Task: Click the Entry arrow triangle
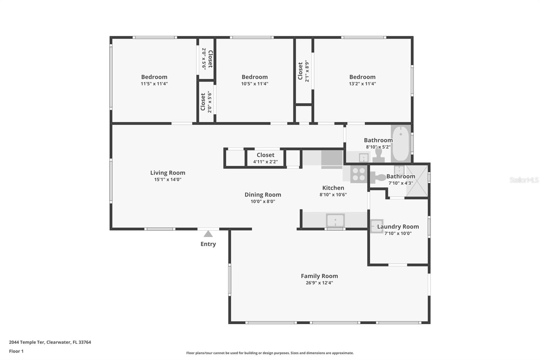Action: click(x=208, y=234)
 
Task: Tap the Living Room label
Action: click(x=168, y=173)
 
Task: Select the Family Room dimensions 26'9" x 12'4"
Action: click(x=319, y=283)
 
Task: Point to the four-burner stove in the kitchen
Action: click(x=358, y=175)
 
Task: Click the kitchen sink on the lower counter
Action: click(x=335, y=221)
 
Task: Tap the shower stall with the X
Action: click(x=416, y=181)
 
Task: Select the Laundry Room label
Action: click(x=398, y=227)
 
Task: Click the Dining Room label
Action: click(x=263, y=195)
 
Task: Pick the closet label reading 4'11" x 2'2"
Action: click(x=265, y=162)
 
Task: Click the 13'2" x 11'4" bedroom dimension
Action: click(x=362, y=84)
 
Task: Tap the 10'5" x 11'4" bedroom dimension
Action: click(x=254, y=84)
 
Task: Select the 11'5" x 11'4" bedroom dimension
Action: click(x=154, y=84)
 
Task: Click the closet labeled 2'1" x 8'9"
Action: click(x=303, y=71)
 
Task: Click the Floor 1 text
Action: click(x=16, y=351)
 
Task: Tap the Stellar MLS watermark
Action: click(x=524, y=180)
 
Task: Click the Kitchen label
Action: click(x=333, y=188)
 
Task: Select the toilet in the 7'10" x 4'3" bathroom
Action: click(x=379, y=177)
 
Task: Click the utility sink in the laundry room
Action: click(x=376, y=226)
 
